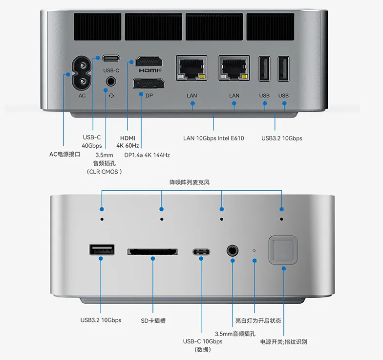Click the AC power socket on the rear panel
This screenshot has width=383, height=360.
(x=82, y=74)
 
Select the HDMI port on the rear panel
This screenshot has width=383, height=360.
(x=149, y=62)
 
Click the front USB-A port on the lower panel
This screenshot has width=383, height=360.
(x=102, y=249)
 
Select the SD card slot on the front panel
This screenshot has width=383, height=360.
(x=152, y=251)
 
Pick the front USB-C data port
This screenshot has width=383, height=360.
(x=201, y=252)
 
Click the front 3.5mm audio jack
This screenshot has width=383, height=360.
(x=233, y=251)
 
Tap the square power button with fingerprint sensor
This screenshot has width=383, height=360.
(x=283, y=251)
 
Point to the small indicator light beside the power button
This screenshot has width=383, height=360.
(x=254, y=250)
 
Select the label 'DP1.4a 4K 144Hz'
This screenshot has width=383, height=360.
(x=147, y=155)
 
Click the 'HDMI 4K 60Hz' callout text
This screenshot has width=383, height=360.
(x=128, y=142)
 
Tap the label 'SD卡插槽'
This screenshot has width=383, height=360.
(x=153, y=321)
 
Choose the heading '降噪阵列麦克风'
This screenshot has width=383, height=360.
(x=191, y=182)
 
